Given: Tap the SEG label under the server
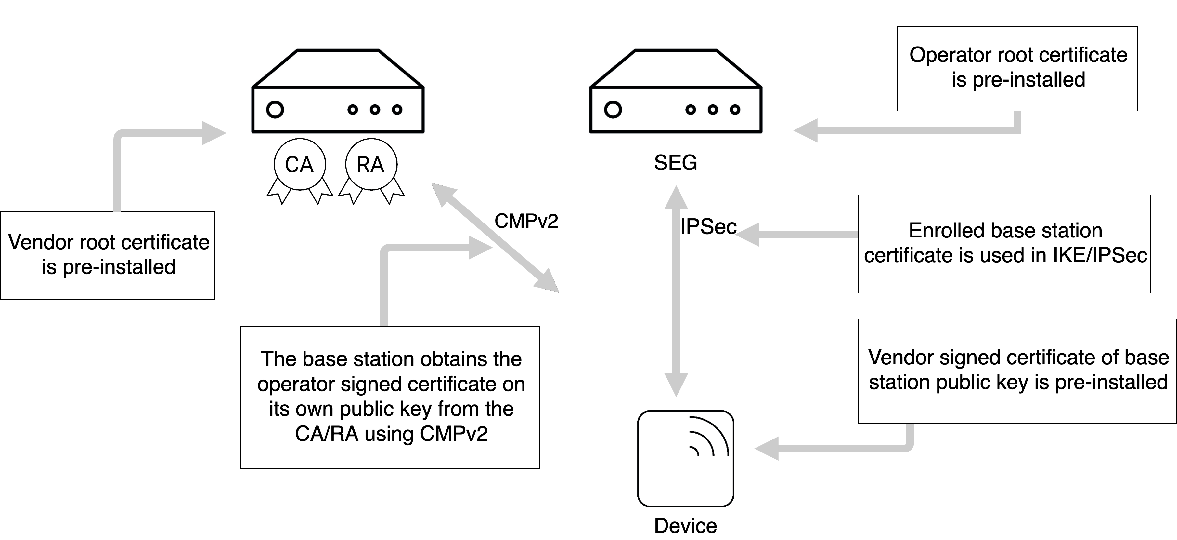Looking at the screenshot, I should coord(675,163).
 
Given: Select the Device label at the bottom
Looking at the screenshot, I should coord(685,526).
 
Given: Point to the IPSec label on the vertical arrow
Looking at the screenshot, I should coord(708,227).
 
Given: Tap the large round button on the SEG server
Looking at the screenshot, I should coord(613,110).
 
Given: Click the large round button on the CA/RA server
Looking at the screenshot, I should coord(275,110).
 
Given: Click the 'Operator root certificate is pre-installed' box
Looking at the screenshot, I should coord(1017,69).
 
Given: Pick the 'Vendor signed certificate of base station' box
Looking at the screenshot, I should coord(1017,371).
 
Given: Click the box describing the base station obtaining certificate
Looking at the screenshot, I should coord(390,397).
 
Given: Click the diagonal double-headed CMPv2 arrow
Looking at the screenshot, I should coord(496,238).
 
